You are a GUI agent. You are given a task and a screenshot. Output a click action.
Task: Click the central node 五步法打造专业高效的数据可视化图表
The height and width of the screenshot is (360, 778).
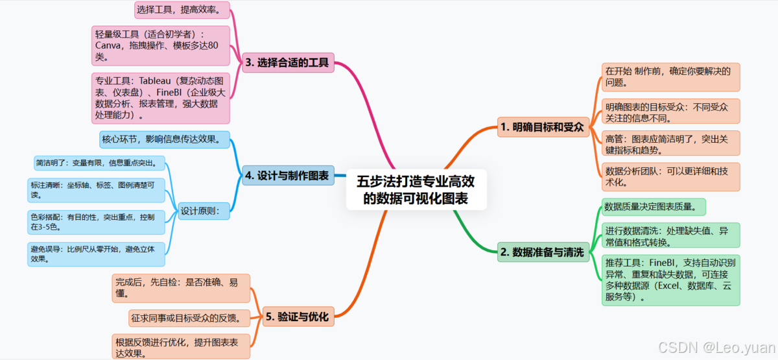coord(416,189)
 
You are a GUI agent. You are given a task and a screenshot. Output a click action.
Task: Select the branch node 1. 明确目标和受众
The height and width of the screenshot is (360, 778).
coord(543,127)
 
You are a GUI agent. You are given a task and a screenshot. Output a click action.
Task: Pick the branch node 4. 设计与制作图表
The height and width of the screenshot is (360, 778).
coord(288,175)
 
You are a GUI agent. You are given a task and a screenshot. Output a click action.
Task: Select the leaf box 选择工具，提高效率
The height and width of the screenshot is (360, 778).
coord(182,10)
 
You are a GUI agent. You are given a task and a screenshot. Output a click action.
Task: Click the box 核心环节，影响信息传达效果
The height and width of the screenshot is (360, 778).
coord(165,139)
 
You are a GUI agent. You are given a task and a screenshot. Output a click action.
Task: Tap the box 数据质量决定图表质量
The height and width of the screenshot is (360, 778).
coord(654,207)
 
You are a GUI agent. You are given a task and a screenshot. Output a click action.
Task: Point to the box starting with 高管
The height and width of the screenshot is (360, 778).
coord(670,143)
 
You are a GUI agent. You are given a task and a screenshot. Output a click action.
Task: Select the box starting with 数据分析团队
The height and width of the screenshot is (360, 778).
coord(670,176)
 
